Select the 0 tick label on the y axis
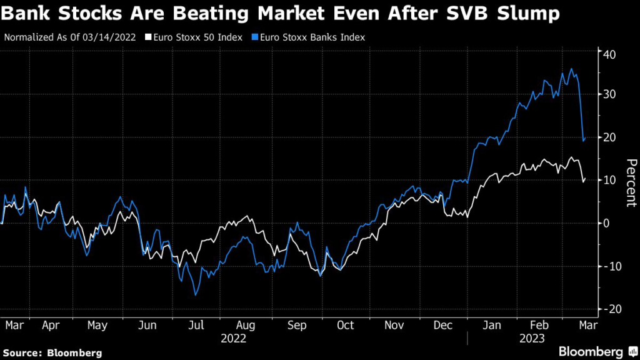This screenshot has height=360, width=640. [x=606, y=223]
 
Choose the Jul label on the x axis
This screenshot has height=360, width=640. [x=196, y=325]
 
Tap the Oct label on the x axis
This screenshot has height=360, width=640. [x=345, y=325]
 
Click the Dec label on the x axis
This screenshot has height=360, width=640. [x=444, y=325]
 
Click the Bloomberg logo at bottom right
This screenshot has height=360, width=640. [x=591, y=351]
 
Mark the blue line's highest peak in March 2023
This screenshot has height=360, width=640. [x=571, y=69]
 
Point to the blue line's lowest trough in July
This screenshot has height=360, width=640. [x=196, y=295]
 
